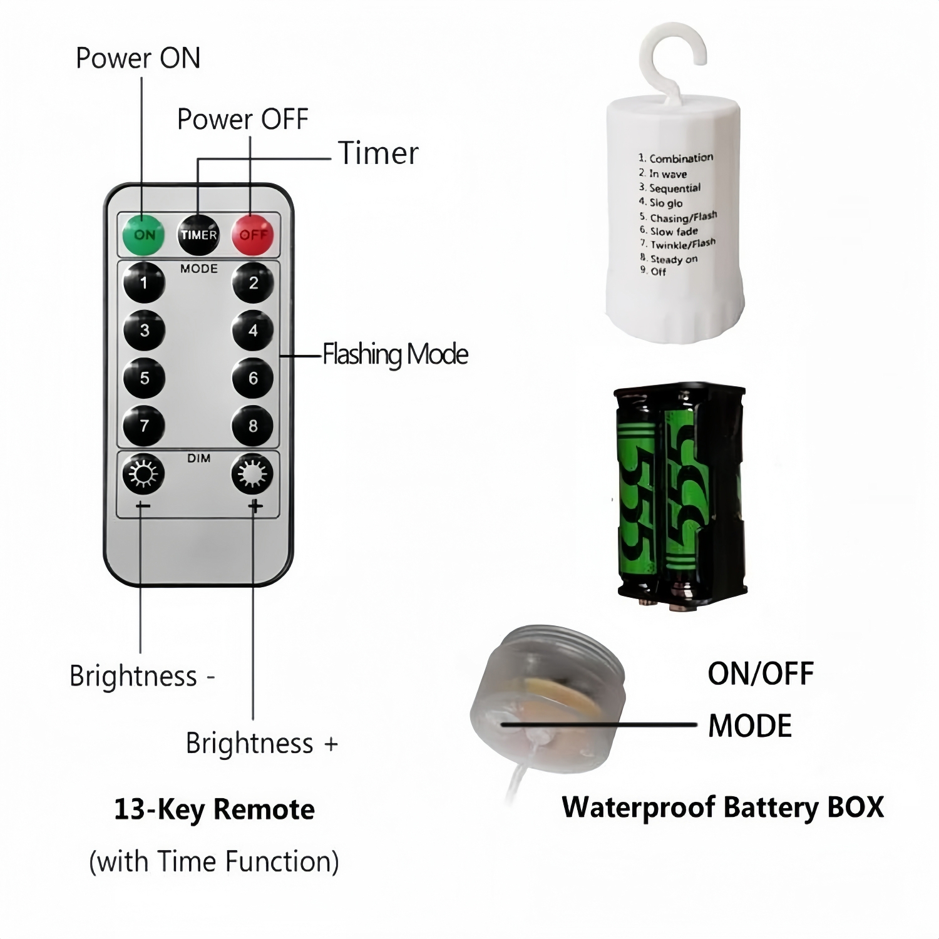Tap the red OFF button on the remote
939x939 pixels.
point(253,235)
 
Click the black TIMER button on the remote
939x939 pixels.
point(198,235)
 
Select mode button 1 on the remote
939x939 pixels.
point(144,283)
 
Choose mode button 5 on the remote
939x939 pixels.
point(144,378)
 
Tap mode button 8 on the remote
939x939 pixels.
point(253,426)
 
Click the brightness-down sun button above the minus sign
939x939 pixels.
point(143,474)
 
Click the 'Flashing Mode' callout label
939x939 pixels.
point(395,354)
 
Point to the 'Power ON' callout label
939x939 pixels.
point(138,58)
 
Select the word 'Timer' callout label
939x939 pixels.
point(378,153)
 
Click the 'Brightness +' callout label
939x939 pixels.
point(262,743)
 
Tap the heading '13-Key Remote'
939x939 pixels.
point(214,809)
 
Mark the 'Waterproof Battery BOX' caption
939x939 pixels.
point(722,808)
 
